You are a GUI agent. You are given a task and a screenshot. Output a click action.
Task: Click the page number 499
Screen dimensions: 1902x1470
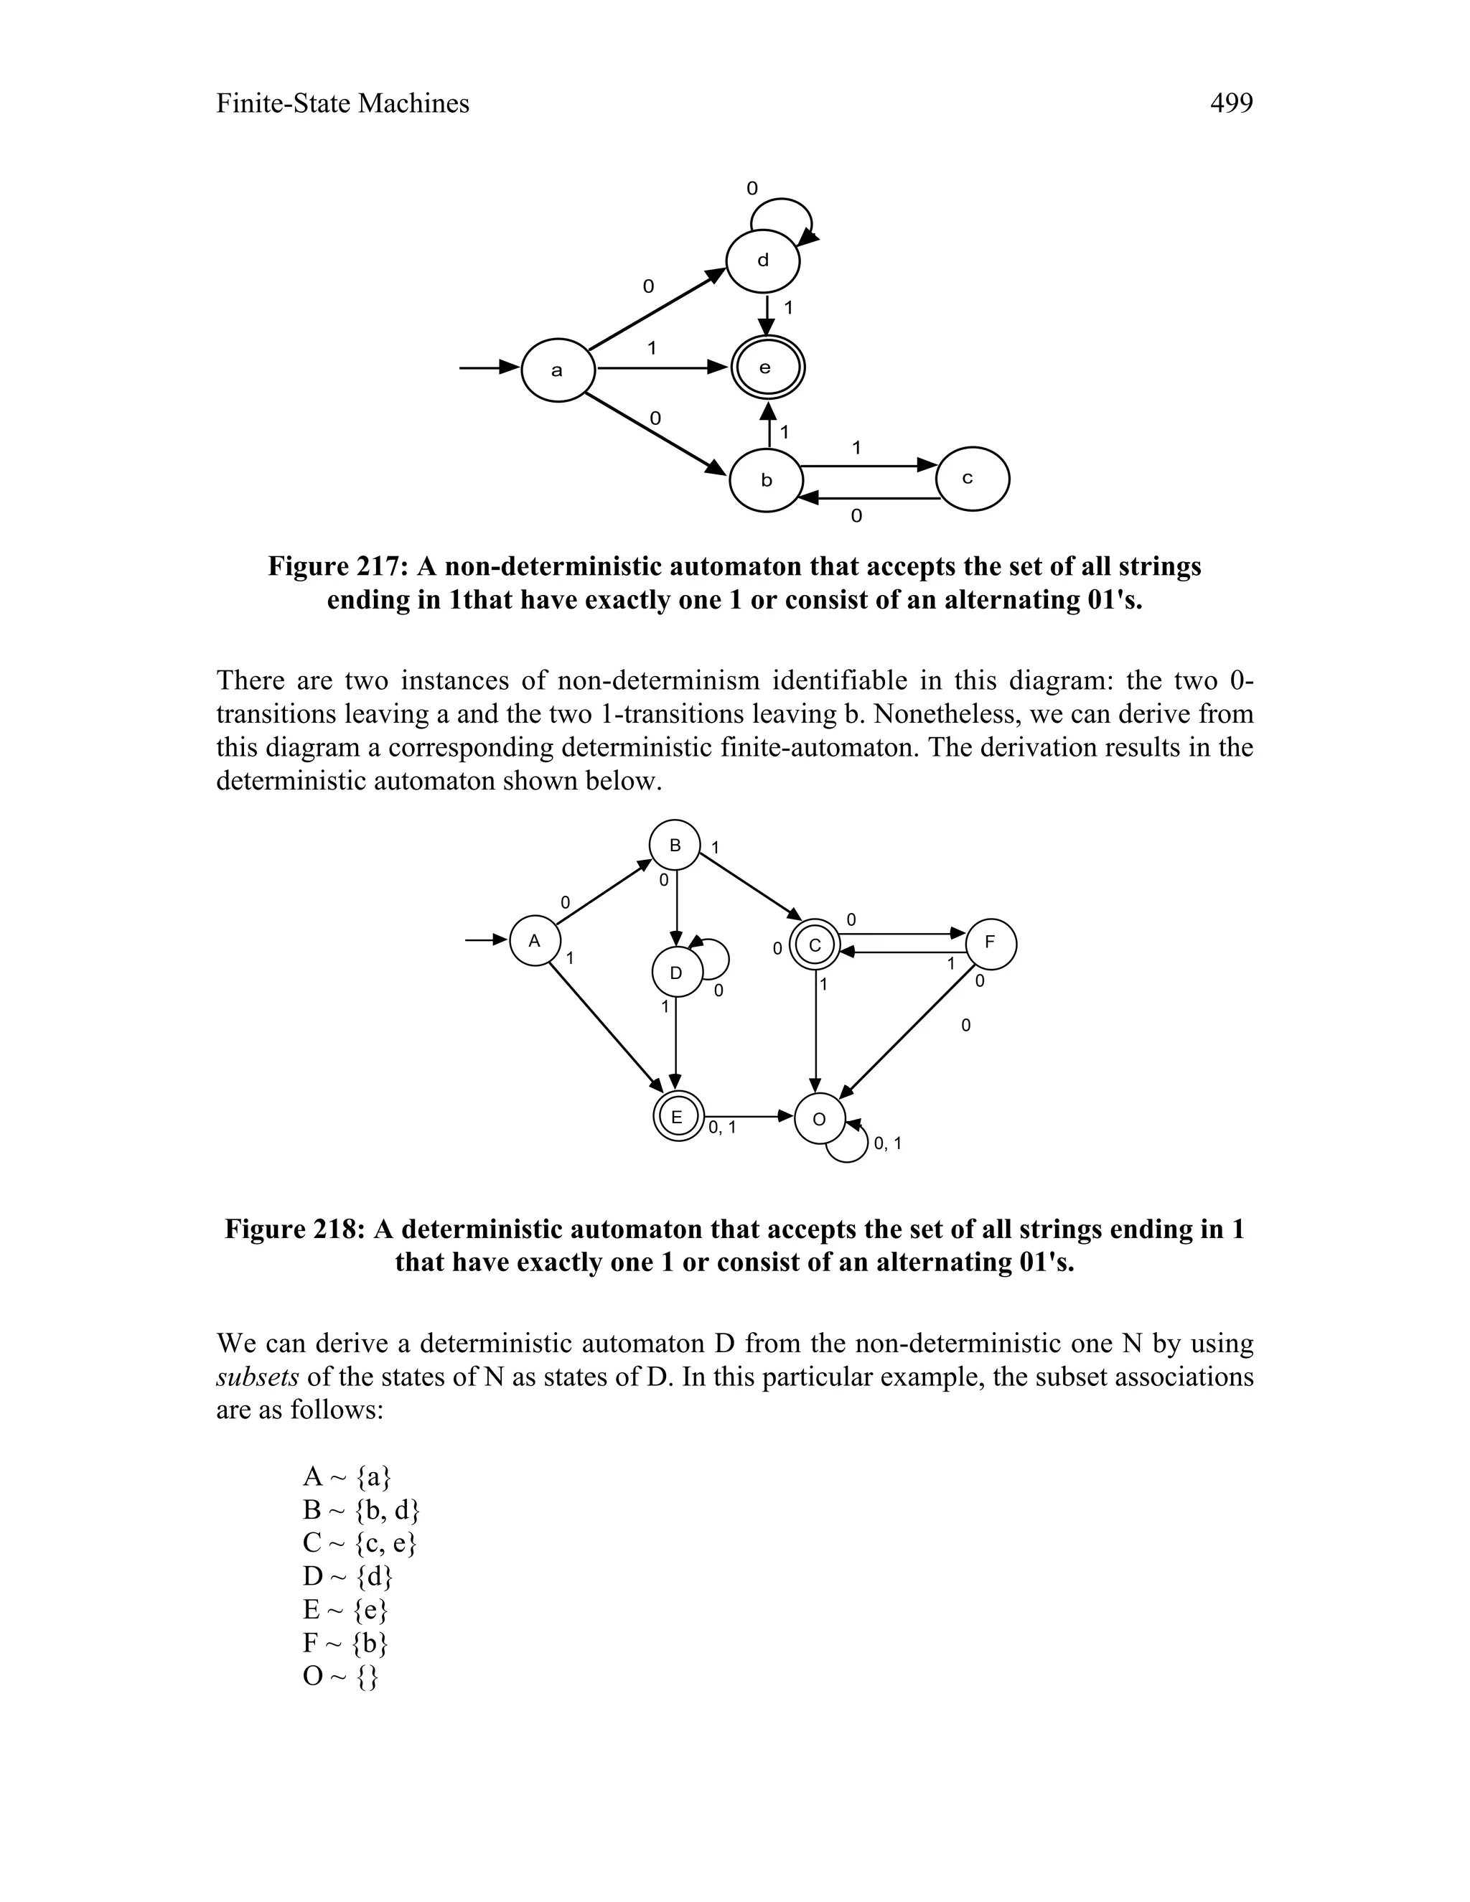pyautogui.click(x=1230, y=103)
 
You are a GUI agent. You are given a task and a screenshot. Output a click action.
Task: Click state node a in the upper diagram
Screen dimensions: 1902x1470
pyautogui.click(x=557, y=370)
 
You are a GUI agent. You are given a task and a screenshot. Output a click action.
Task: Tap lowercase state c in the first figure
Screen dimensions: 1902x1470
pyautogui.click(x=971, y=479)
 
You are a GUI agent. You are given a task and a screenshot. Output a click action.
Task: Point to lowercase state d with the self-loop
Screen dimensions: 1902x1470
pyautogui.click(x=763, y=260)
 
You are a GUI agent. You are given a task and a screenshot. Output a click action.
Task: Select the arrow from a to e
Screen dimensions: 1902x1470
pyautogui.click(x=662, y=368)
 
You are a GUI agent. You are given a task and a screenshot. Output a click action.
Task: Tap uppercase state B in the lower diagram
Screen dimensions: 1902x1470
pyautogui.click(x=674, y=845)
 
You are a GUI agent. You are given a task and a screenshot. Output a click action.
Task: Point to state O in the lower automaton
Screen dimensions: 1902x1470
pyautogui.click(x=820, y=1119)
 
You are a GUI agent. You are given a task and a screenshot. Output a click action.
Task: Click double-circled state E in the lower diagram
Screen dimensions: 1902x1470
pyautogui.click(x=678, y=1117)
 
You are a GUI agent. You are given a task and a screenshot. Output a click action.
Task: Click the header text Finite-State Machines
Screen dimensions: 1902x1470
pyautogui.click(x=342, y=103)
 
